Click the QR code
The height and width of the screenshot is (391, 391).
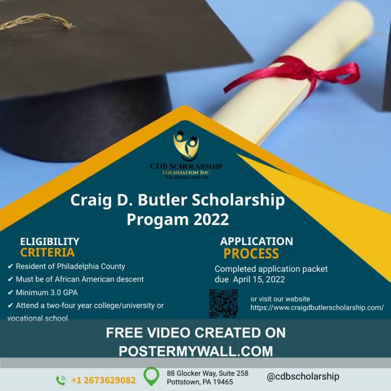click(x=223, y=304)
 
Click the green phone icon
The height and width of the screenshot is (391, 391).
click(x=61, y=380)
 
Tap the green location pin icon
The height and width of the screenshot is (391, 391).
click(x=151, y=376)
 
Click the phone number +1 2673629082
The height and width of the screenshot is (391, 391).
click(x=103, y=380)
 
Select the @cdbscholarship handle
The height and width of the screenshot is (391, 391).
click(x=303, y=376)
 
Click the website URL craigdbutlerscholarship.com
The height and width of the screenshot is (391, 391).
click(x=317, y=307)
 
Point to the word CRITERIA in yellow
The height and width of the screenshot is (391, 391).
click(x=47, y=253)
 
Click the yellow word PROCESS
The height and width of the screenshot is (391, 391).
click(x=251, y=254)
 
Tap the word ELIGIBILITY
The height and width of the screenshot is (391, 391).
click(x=50, y=241)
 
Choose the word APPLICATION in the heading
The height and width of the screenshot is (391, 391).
click(x=257, y=241)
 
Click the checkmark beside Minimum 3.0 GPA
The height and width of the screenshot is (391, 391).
click(x=10, y=293)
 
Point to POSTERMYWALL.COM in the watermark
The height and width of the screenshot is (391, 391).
click(x=195, y=351)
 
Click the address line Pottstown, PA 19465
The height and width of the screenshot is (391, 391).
click(x=200, y=382)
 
